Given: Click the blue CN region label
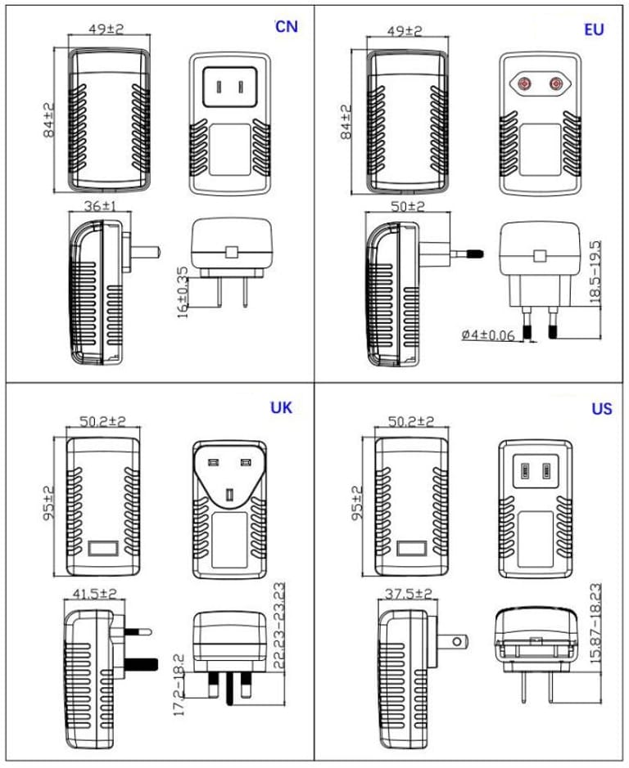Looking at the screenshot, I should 286,26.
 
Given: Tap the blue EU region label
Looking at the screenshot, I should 594,29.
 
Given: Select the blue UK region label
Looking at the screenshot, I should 281,406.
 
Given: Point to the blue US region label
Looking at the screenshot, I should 601,408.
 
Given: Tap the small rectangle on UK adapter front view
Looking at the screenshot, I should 102,549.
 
